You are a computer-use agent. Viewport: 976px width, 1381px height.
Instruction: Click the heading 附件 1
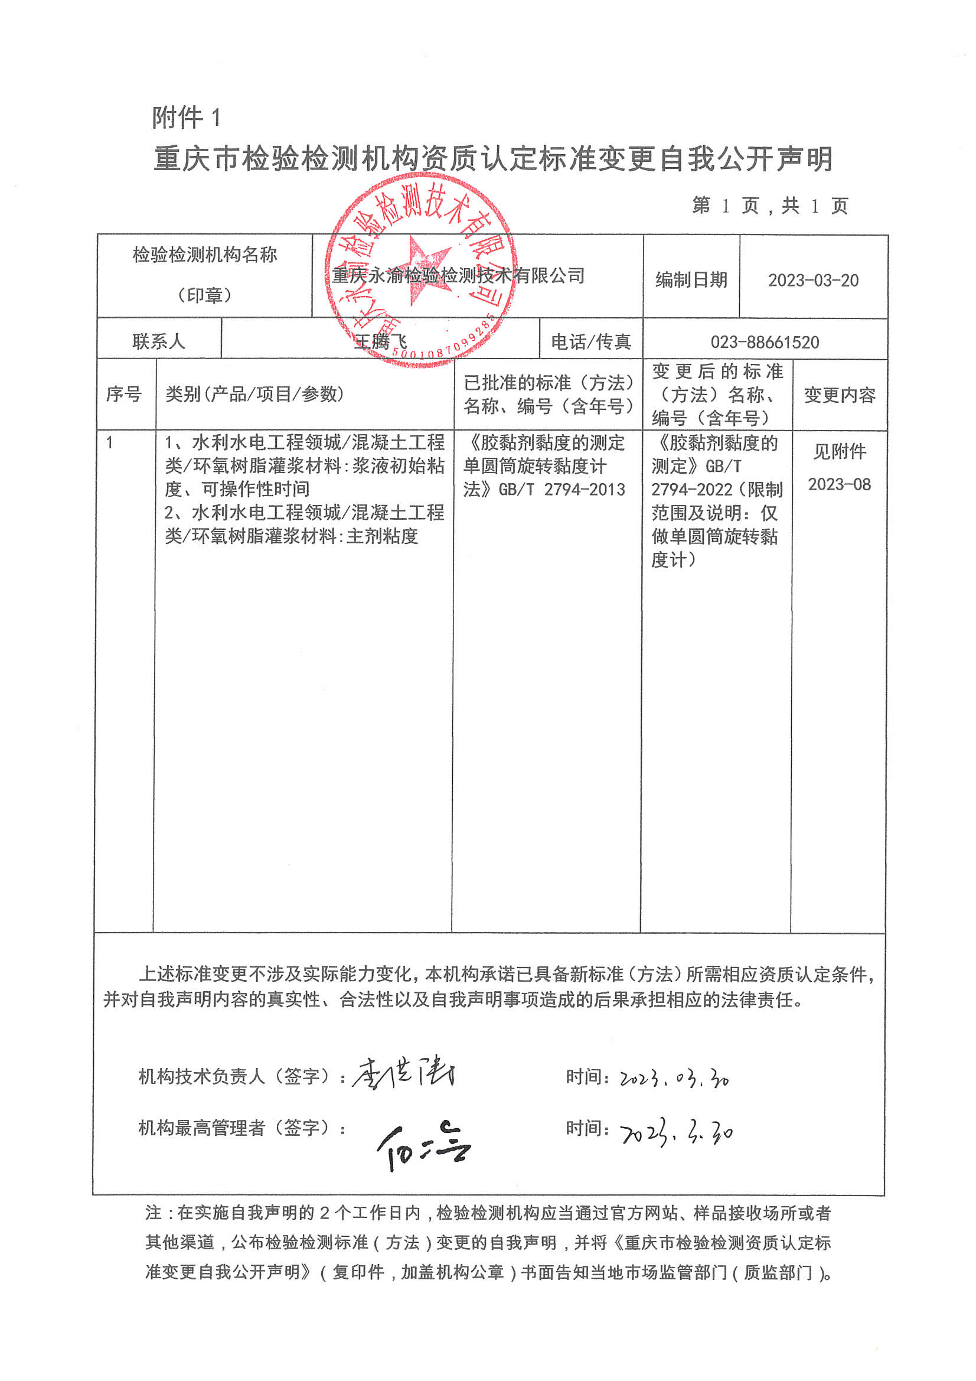(x=187, y=118)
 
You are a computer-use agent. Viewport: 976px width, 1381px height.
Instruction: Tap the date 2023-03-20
(x=813, y=281)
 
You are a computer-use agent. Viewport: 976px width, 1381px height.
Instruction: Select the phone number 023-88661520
(x=764, y=342)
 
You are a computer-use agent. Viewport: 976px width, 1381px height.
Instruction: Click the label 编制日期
(x=691, y=280)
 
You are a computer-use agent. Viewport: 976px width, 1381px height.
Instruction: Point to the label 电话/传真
(x=590, y=341)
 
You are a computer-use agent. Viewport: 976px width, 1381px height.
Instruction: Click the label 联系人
(x=158, y=341)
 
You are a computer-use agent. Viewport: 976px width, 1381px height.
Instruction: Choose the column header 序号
(x=123, y=394)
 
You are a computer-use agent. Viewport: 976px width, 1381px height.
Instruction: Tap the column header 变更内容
(x=840, y=395)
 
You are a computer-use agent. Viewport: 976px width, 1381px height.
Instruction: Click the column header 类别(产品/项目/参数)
(x=254, y=394)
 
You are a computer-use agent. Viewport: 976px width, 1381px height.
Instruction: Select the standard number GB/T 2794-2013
(x=562, y=490)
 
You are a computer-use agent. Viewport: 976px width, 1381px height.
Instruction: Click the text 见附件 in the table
(x=840, y=451)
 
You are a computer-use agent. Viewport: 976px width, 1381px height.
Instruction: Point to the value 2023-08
(x=839, y=484)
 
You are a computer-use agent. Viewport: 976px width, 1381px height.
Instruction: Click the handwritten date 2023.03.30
(x=674, y=1078)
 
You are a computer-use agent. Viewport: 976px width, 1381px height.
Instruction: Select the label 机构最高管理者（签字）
(x=241, y=1128)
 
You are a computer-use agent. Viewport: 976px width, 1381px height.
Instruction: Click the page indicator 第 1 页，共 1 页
(x=769, y=206)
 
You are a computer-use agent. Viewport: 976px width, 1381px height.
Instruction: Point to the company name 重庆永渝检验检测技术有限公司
(x=458, y=275)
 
